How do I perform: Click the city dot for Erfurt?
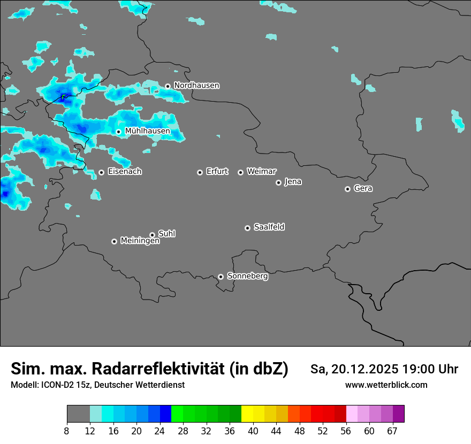pos(200,172)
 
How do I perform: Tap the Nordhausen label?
pos(196,86)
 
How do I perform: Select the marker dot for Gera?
pos(347,189)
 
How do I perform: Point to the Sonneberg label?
pos(247,276)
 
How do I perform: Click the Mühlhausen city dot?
pos(118,132)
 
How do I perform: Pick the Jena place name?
pos(293,182)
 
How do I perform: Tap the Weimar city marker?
pos(240,172)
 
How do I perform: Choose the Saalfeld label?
pos(269,227)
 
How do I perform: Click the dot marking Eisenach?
pos(101,172)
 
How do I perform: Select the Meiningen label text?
pos(140,241)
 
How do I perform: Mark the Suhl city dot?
pos(152,235)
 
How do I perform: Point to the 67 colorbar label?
pos(392,430)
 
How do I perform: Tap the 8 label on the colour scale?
pos(66,430)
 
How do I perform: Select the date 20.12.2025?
pos(364,369)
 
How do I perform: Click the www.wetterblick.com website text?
pos(386,385)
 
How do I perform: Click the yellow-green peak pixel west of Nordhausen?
pos(64,97)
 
